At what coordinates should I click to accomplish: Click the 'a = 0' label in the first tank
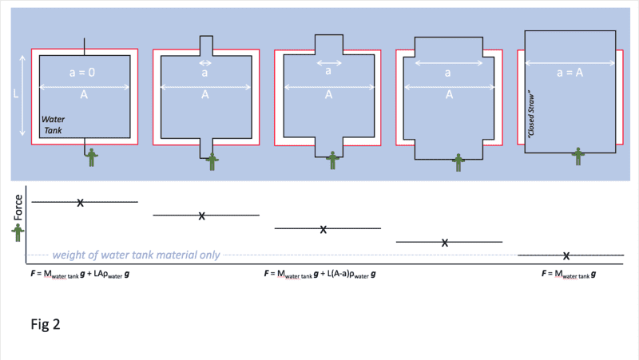pyautogui.click(x=82, y=73)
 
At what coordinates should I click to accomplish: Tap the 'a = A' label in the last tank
pyautogui.click(x=570, y=73)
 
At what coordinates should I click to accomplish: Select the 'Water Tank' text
pyautogui.click(x=53, y=125)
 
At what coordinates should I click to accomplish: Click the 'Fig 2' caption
pyautogui.click(x=46, y=324)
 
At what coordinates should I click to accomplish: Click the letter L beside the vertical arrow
pyautogui.click(x=16, y=94)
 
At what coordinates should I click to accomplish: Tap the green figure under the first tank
pyautogui.click(x=92, y=157)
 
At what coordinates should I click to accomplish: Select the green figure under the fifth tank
pyautogui.click(x=577, y=156)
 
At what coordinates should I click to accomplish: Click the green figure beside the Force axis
pyautogui.click(x=18, y=233)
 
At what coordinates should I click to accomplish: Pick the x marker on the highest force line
pyautogui.click(x=81, y=203)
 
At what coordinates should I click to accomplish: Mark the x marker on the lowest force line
pyautogui.click(x=566, y=255)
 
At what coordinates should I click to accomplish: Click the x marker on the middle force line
pyautogui.click(x=323, y=230)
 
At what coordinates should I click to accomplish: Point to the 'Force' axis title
pyautogui.click(x=18, y=208)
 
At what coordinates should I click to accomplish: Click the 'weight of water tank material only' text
pyautogui.click(x=136, y=255)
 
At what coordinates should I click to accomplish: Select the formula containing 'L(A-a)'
pyautogui.click(x=320, y=274)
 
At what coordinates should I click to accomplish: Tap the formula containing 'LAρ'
pyautogui.click(x=80, y=274)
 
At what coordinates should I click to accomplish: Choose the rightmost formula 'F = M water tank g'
pyautogui.click(x=569, y=274)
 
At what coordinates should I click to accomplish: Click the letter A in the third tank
pyautogui.click(x=328, y=95)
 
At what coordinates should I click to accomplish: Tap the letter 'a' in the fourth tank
pyautogui.click(x=447, y=73)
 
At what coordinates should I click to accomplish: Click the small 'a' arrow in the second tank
pyautogui.click(x=205, y=63)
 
